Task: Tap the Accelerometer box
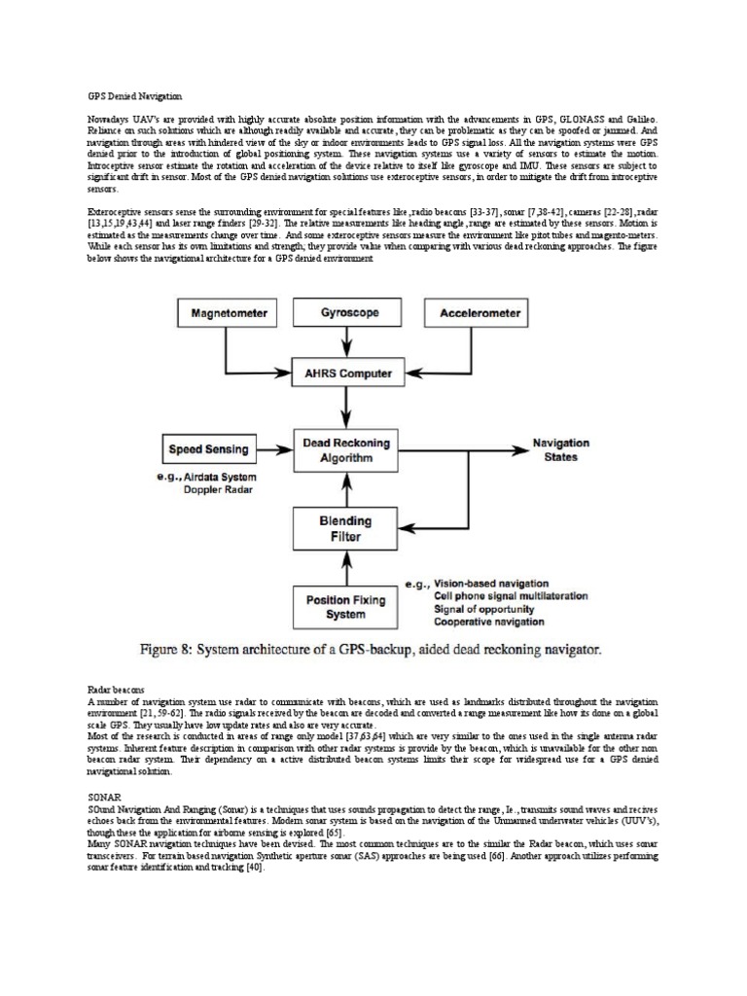[480, 314]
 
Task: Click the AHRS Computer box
[349, 373]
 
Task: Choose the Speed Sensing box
[209, 449]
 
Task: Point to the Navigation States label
[554, 449]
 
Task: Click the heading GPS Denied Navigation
[129, 96]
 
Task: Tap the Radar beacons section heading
[116, 689]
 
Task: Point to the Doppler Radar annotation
[218, 491]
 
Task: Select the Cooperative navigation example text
[489, 622]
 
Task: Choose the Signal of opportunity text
[483, 609]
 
